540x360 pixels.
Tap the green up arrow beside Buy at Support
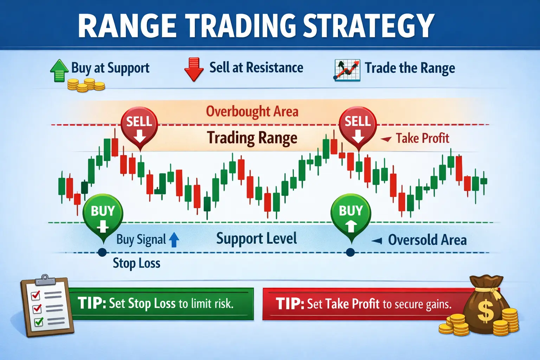click(59, 71)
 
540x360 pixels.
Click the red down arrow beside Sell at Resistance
click(194, 69)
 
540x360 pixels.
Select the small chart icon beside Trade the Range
click(347, 70)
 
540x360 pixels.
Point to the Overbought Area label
click(252, 112)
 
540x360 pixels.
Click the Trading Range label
click(252, 138)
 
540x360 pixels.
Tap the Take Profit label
click(423, 139)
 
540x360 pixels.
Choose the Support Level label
click(257, 239)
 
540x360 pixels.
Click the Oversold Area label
click(427, 240)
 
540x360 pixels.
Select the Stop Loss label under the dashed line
click(136, 263)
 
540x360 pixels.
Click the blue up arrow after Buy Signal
click(174, 240)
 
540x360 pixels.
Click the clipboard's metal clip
click(45, 279)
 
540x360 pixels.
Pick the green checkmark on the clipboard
click(39, 321)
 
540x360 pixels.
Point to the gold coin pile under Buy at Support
click(86, 85)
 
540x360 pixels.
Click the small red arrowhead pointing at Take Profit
click(386, 139)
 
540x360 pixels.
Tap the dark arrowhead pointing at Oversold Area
click(377, 241)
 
